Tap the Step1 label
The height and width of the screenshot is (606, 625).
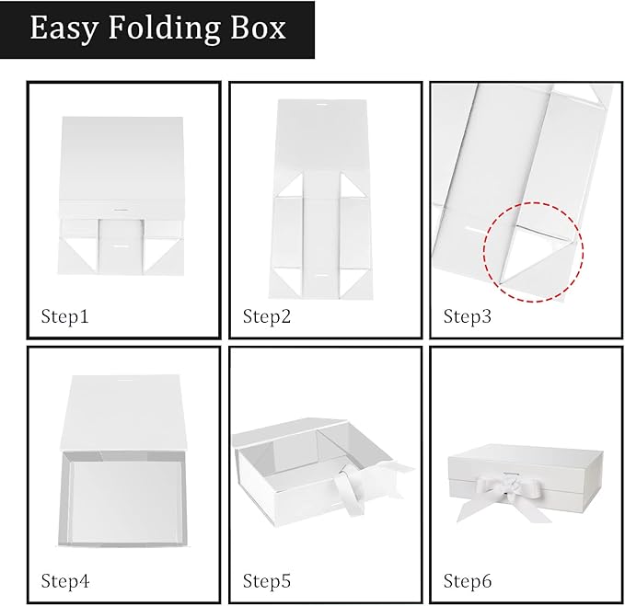point(64,317)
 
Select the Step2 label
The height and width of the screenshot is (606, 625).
point(267,317)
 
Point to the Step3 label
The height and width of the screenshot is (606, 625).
point(468,317)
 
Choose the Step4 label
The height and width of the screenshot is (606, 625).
point(64,580)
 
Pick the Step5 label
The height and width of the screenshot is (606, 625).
point(267,580)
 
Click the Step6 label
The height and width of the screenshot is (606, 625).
point(468,580)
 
